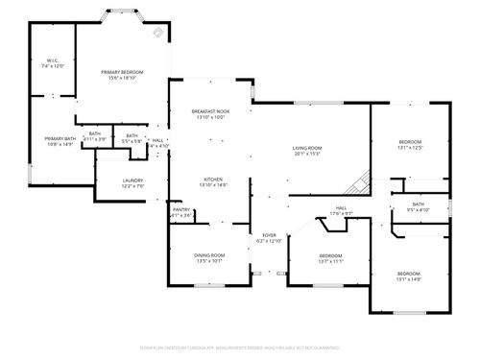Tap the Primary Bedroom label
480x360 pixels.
point(123,72)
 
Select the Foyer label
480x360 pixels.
point(270,235)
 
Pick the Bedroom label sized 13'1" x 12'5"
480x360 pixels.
point(410,141)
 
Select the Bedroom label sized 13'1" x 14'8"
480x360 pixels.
point(410,275)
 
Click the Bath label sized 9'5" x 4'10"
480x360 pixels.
point(419,204)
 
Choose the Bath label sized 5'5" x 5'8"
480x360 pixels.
point(132,136)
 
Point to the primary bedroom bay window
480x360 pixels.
point(123,16)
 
